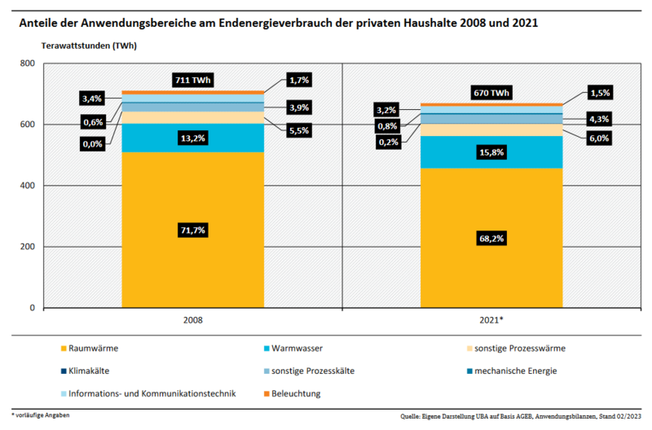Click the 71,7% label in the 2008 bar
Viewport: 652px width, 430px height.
click(192, 231)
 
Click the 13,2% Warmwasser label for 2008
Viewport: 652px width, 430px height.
click(192, 138)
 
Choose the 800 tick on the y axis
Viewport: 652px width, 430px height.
click(26, 64)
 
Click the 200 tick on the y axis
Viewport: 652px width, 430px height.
click(26, 247)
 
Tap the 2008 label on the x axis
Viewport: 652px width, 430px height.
click(192, 320)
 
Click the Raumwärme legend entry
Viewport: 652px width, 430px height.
click(94, 349)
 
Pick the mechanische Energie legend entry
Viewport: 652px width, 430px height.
click(517, 371)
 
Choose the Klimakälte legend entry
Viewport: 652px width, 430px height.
click(90, 371)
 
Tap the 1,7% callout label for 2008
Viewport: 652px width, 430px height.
click(298, 81)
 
